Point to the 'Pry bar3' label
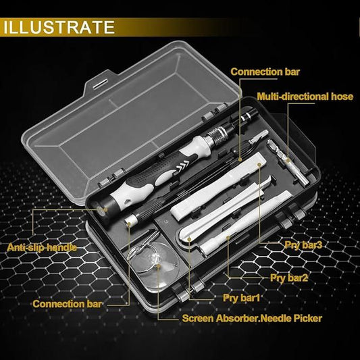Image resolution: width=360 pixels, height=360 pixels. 299,245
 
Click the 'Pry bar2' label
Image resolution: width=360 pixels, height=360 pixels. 289,277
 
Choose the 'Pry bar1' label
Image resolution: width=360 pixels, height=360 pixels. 242,297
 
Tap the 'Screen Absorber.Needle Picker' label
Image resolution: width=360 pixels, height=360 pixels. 251,318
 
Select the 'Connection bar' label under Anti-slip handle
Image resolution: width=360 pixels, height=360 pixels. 68,303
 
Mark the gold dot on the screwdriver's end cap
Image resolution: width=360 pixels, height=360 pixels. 103,211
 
